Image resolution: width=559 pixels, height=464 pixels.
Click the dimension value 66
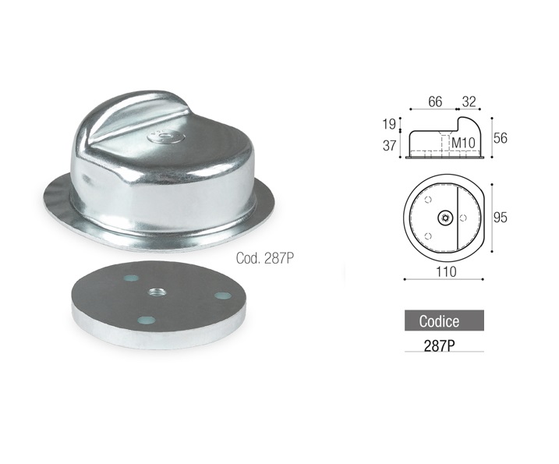435,101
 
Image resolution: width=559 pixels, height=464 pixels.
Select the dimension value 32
469,101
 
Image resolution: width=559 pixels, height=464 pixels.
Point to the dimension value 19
389,124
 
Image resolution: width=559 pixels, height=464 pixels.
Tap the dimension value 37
389,146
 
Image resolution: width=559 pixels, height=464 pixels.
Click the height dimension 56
501,138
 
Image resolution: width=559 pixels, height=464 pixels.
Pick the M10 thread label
463,143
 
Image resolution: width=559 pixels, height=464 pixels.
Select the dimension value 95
501,218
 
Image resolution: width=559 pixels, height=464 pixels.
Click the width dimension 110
446,271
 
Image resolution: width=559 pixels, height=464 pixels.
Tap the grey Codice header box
444,321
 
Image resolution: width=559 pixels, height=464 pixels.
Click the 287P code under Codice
439,345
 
